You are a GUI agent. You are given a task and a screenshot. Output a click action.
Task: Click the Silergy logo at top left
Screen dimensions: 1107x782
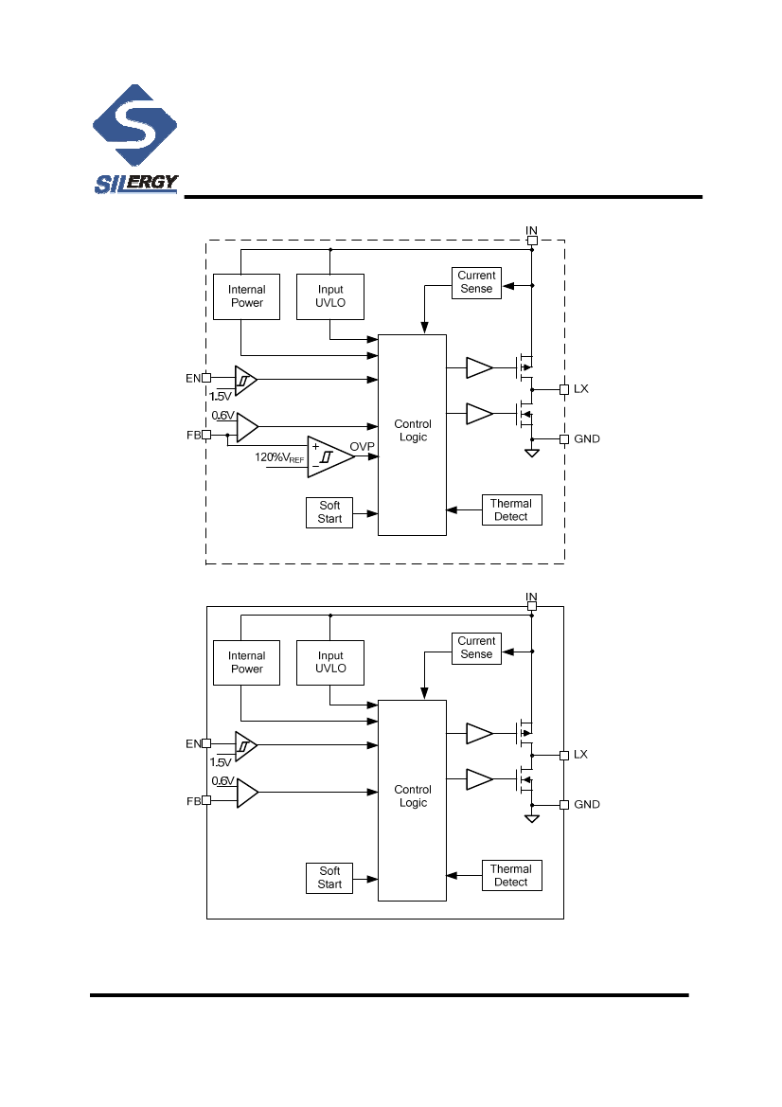(135, 142)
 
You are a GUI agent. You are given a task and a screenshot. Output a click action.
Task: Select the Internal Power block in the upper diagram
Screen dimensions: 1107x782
(247, 296)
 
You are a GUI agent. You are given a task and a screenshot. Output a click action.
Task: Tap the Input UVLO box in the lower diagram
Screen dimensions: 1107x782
(330, 662)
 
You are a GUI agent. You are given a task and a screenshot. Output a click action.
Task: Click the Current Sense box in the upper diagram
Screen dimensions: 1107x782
(476, 282)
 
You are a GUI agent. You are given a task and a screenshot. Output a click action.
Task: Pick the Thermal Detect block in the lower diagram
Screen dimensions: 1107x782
(511, 876)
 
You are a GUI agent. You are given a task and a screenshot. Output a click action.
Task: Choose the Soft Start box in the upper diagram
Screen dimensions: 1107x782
(329, 512)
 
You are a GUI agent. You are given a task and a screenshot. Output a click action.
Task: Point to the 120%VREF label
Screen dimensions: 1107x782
(279, 458)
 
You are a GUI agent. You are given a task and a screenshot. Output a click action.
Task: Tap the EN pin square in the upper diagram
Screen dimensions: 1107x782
(206, 379)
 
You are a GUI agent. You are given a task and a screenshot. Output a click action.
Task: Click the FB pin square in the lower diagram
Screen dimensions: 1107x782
(206, 800)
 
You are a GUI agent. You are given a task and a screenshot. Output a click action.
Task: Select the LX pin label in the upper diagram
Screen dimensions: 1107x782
(580, 389)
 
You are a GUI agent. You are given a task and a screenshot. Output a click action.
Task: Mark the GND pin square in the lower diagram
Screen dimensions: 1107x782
(564, 805)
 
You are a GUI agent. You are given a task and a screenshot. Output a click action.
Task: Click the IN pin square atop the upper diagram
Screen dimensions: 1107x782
(532, 241)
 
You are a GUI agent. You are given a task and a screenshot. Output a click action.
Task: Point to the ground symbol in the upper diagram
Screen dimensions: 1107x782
(532, 455)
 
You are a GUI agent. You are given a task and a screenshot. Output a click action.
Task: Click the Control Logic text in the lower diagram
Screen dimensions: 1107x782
(413, 796)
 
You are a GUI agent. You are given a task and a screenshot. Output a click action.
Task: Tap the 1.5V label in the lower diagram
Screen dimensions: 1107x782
(221, 761)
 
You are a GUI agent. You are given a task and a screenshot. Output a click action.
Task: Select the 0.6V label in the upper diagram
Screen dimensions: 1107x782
(222, 416)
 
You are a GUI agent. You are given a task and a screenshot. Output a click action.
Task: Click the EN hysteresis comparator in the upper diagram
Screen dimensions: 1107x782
(245, 380)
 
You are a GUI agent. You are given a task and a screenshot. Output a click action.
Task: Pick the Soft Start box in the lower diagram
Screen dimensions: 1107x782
(329, 878)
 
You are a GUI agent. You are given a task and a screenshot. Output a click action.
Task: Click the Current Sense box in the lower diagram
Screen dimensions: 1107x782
(476, 648)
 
